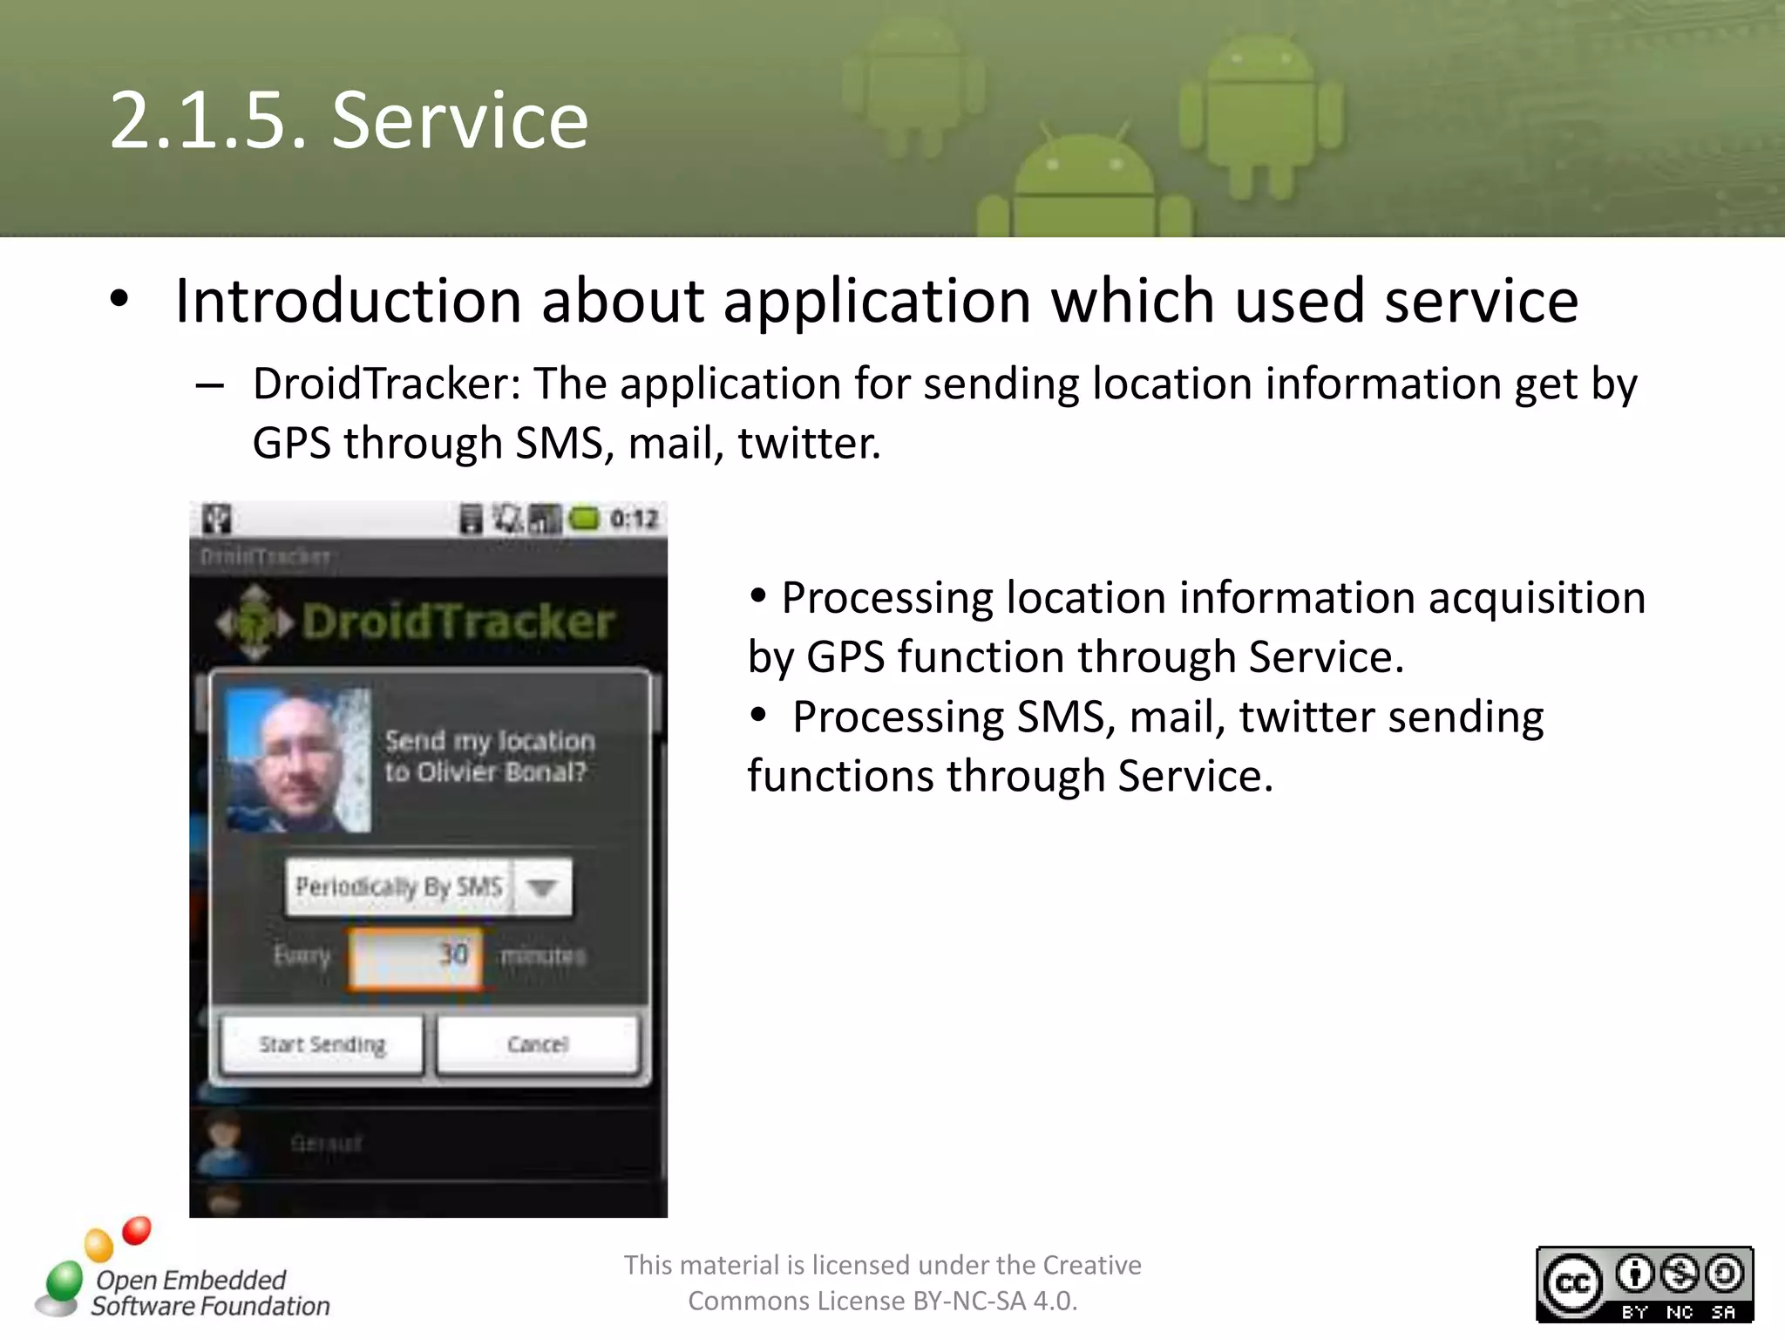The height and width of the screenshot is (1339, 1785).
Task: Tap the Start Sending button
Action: (322, 1044)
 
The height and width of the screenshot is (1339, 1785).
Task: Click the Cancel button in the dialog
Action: (538, 1044)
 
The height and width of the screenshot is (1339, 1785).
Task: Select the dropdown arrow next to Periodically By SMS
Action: (542, 887)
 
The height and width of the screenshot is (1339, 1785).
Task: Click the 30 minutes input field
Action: (416, 956)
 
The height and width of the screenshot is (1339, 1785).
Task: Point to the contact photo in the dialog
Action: (298, 760)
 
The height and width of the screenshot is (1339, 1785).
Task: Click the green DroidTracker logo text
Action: (458, 622)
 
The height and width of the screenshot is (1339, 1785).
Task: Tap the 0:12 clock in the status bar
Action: (634, 520)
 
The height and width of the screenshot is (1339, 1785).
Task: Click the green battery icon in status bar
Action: (584, 520)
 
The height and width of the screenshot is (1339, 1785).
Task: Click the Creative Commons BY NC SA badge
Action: (1644, 1284)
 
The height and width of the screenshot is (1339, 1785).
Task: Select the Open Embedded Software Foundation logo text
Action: (209, 1293)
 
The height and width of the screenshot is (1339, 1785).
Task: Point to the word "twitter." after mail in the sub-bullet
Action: (809, 444)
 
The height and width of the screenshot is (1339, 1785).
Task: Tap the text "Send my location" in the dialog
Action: (490, 741)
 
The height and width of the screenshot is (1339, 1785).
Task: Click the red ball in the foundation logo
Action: (137, 1230)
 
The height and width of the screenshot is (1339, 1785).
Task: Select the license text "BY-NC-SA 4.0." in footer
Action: (994, 1302)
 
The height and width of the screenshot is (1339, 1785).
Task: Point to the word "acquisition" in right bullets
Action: (1537, 599)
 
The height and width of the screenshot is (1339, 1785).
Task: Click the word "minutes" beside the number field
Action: (543, 956)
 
